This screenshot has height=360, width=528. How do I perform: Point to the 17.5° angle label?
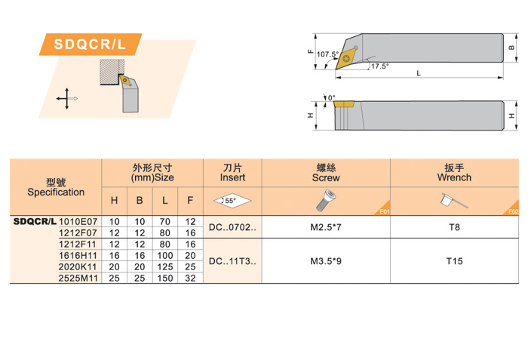click(x=379, y=66)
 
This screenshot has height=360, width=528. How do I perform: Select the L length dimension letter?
click(x=419, y=73)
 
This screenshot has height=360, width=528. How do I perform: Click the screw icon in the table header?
click(x=325, y=200)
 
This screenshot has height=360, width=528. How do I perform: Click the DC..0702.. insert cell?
click(x=232, y=226)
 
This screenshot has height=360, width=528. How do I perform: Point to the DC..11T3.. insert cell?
click(x=232, y=262)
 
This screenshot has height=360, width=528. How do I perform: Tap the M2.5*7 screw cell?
click(x=325, y=226)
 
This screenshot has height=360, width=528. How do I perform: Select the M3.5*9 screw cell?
click(x=325, y=262)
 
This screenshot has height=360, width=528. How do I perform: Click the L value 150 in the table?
click(x=164, y=278)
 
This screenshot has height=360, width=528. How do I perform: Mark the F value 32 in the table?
click(x=190, y=278)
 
